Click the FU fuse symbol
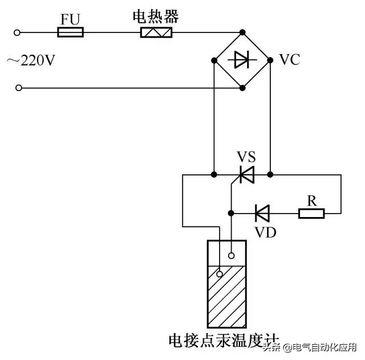pyautogui.click(x=71, y=32)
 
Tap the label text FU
pyautogui.click(x=71, y=19)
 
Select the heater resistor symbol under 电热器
pyautogui.click(x=156, y=32)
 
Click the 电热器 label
pyautogui.click(x=156, y=17)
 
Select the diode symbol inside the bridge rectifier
pyautogui.click(x=242, y=59)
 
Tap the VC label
pyautogui.click(x=289, y=60)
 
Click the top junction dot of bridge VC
pyautogui.click(x=242, y=32)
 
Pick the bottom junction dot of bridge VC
pyautogui.click(x=242, y=88)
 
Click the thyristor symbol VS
pyautogui.click(x=246, y=174)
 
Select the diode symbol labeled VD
pyautogui.click(x=262, y=213)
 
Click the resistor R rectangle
pyautogui.click(x=311, y=213)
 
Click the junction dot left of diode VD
pyautogui.click(x=231, y=213)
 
